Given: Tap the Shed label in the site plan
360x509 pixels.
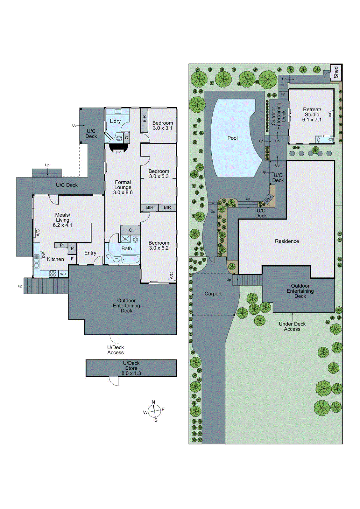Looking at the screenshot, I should click(x=336, y=72).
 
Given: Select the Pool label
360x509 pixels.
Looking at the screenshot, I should click(x=232, y=138).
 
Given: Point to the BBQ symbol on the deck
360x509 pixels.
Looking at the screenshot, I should click(x=269, y=199).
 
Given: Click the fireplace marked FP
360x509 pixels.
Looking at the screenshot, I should click(x=118, y=149).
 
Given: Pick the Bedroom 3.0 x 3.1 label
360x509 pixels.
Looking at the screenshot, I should click(x=162, y=125).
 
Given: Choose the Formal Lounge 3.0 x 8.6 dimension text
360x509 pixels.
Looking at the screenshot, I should click(x=123, y=192).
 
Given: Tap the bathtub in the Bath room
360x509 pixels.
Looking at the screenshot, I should click(x=131, y=259).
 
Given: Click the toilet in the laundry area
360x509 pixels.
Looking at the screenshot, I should click(x=119, y=138).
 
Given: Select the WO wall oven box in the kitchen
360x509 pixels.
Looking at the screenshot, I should click(x=63, y=274).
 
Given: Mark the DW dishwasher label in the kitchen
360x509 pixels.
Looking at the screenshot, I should click(x=43, y=255).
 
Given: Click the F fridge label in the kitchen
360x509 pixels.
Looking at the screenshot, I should click(x=72, y=259).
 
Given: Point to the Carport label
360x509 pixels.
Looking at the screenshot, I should click(x=213, y=294).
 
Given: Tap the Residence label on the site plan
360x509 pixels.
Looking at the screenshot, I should click(x=287, y=241).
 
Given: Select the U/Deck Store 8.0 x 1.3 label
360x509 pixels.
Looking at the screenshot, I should click(x=131, y=368).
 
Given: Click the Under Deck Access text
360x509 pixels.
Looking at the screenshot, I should click(x=292, y=326).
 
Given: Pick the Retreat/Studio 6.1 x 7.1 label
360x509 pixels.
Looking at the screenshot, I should click(x=312, y=115).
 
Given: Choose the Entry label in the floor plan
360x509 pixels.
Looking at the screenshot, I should click(x=90, y=253).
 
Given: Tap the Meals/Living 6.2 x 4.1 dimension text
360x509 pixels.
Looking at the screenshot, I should click(x=62, y=225).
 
